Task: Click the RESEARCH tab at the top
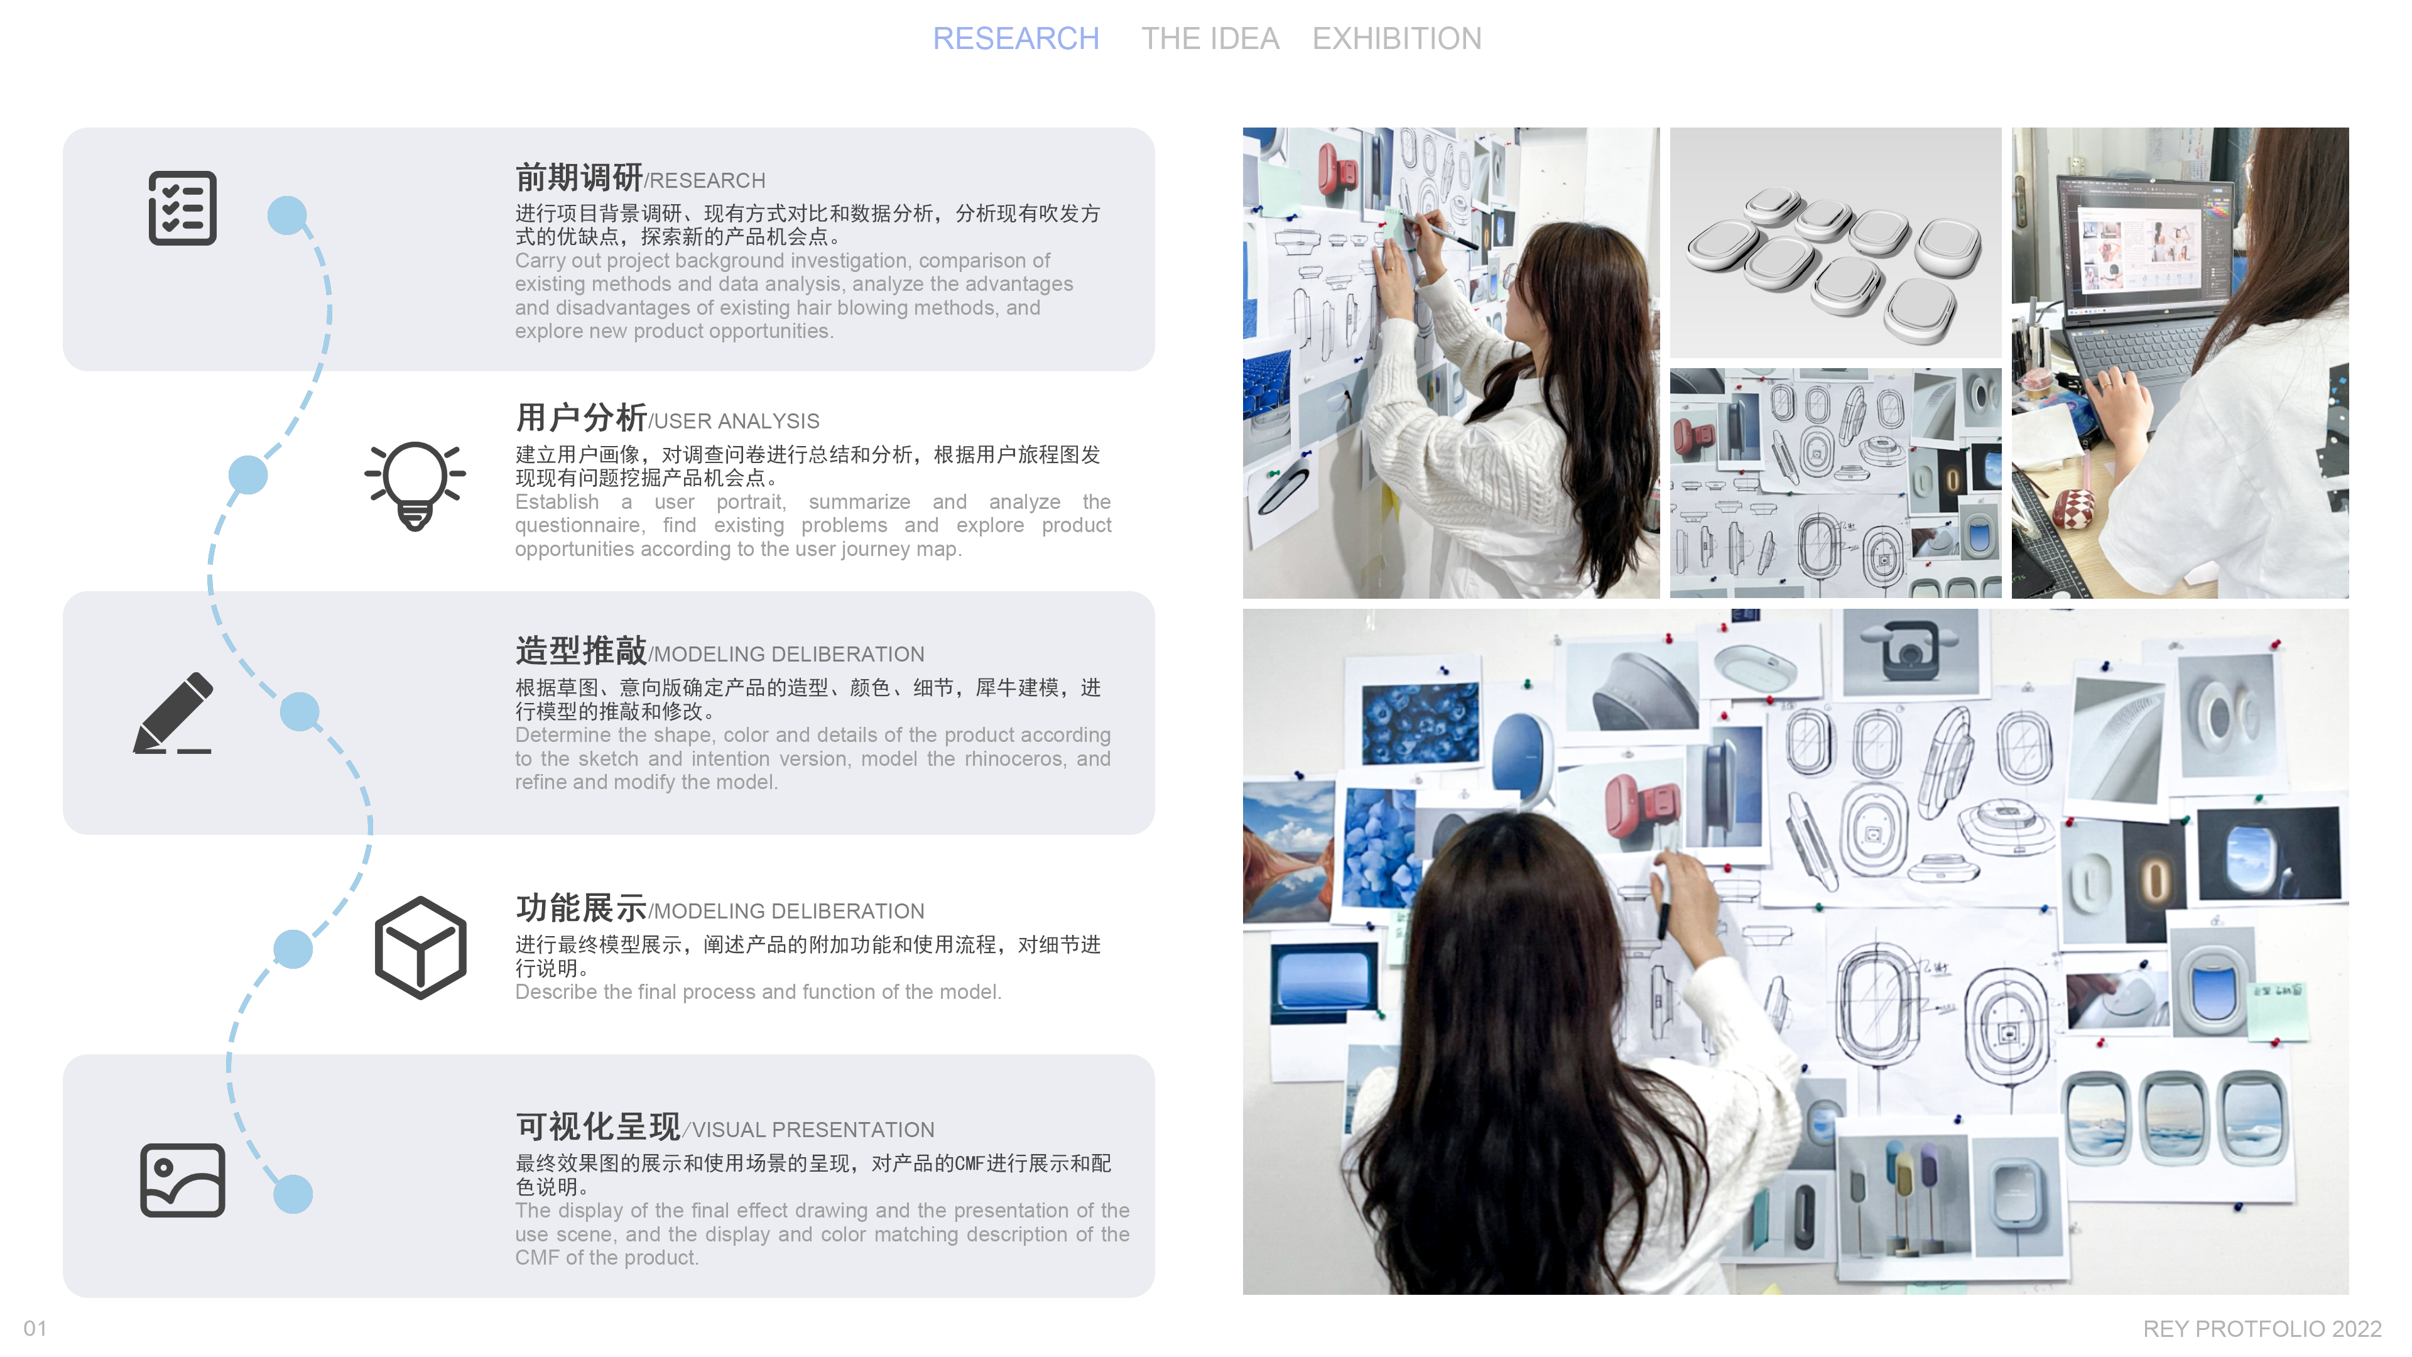point(1015,38)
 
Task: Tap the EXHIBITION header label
point(1396,38)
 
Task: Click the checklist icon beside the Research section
point(183,208)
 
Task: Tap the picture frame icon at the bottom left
point(183,1180)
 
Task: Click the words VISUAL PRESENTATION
point(812,1130)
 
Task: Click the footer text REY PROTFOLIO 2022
point(2261,1328)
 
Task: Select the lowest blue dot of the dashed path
point(293,1194)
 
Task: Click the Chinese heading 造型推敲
point(580,650)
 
